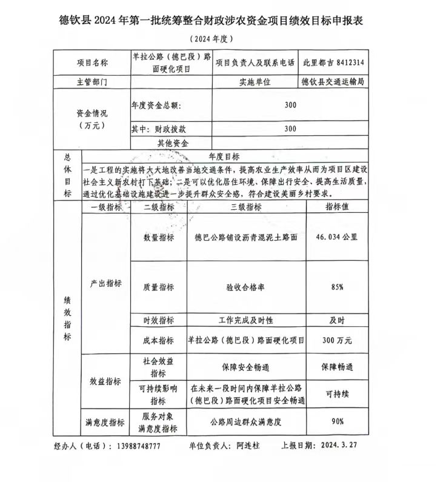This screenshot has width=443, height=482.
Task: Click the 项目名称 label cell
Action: point(92,62)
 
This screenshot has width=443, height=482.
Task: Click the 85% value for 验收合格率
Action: point(338,287)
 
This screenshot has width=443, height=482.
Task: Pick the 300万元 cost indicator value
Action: point(338,340)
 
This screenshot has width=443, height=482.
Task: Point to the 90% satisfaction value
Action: point(338,421)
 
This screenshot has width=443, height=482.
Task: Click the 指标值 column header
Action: point(338,207)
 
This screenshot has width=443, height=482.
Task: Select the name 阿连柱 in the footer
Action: point(248,446)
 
